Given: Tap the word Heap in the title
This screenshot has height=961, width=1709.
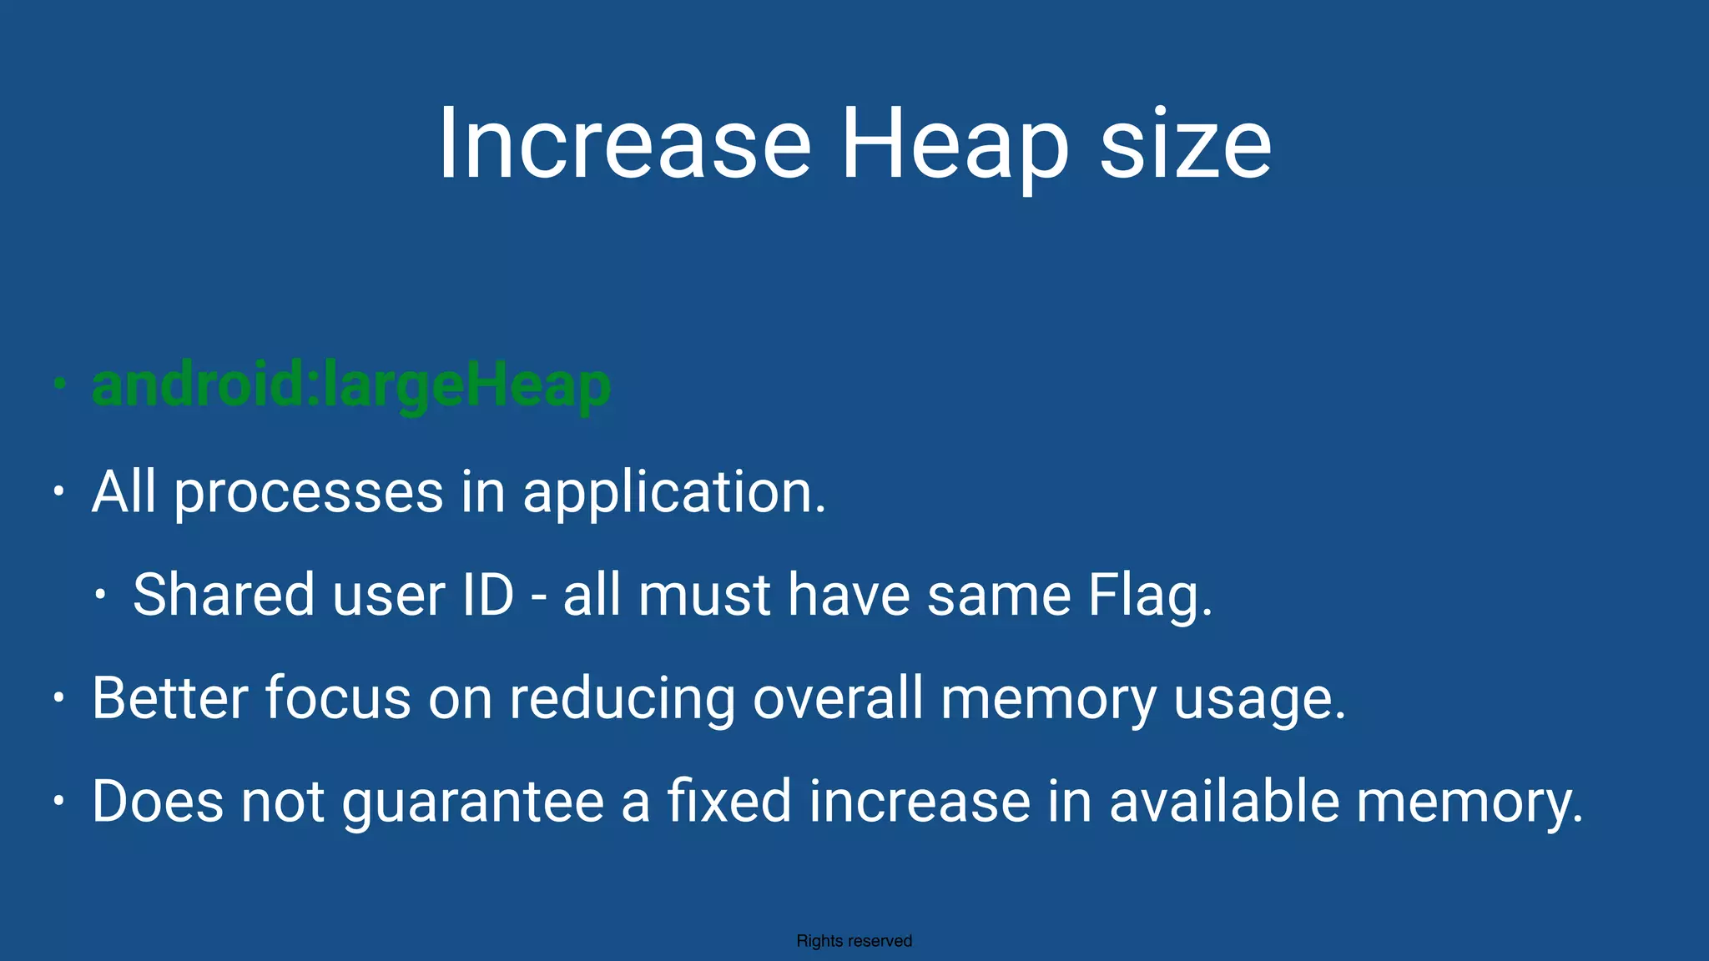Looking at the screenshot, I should [x=954, y=143].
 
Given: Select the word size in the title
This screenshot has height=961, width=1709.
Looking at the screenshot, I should [x=1185, y=143].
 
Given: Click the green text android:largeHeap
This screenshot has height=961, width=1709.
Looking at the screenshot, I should [x=351, y=385].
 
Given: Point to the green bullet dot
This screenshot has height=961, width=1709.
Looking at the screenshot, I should [x=58, y=384].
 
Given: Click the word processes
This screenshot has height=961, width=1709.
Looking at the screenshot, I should [x=309, y=492].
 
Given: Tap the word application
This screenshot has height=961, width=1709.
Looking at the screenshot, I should [x=673, y=492].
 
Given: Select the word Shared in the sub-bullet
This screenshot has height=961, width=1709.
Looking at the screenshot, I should [x=223, y=595].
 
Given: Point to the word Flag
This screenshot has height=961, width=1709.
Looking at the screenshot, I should [x=1149, y=596].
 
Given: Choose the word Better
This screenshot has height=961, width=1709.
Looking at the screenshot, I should [x=170, y=697].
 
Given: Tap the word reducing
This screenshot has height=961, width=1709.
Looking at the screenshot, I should [x=623, y=699].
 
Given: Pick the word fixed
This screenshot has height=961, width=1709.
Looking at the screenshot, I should [x=728, y=801].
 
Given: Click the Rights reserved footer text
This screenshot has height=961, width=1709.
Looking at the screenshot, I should [x=854, y=941].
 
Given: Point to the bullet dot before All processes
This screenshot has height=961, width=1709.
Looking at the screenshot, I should [x=58, y=491].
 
